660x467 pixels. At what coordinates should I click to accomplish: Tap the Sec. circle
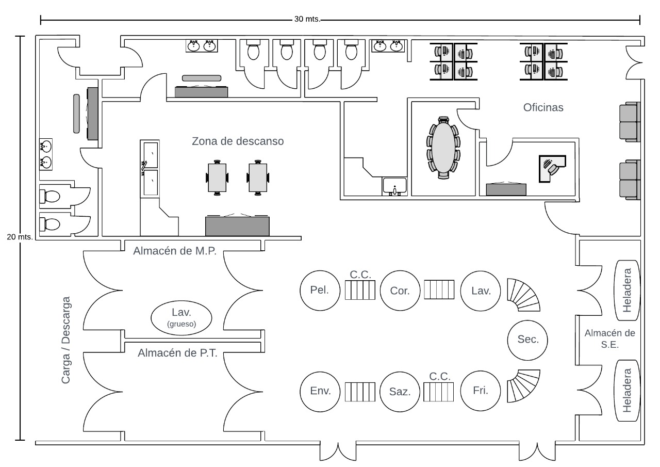pos(527,340)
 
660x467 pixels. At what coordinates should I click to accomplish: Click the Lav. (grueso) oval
pos(181,317)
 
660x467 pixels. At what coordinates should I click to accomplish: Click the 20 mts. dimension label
pos(20,237)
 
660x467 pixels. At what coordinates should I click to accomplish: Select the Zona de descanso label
pos(238,141)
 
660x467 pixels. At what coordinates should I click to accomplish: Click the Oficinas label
pos(543,108)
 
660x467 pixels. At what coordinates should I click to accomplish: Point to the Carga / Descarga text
pos(66,340)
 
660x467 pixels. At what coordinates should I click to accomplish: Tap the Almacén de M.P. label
pos(174,251)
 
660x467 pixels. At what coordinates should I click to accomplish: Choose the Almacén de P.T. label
pos(177,353)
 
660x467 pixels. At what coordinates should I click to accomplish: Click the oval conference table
pos(443,148)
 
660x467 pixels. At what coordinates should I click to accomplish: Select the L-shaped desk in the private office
pos(551,167)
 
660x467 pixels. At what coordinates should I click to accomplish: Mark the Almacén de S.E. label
pos(609,339)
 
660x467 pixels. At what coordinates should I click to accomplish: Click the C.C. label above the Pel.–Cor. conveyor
pos(360,275)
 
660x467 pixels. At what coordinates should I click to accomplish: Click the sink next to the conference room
pos(395,186)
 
